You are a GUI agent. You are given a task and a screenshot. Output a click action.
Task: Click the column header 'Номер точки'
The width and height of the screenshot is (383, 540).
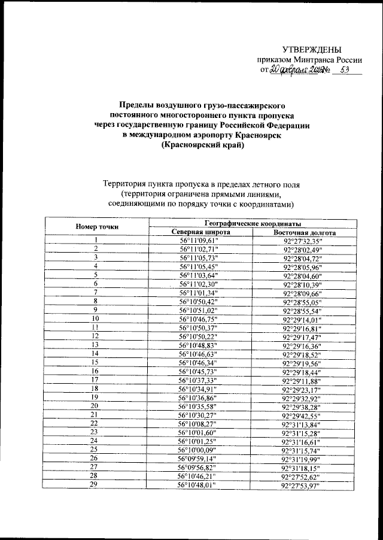click(x=96, y=227)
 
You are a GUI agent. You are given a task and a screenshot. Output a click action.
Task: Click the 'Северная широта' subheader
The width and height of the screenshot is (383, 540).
click(x=200, y=232)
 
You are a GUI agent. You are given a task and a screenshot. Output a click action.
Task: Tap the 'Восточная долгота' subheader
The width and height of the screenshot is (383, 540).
click(x=304, y=232)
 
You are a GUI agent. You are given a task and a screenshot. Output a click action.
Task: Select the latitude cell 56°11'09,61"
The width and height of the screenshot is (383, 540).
click(x=200, y=241)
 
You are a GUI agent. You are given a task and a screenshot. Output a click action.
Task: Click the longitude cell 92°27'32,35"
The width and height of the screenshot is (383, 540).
click(x=304, y=241)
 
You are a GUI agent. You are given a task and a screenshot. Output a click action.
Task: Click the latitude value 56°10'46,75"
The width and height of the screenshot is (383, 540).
click(x=200, y=320)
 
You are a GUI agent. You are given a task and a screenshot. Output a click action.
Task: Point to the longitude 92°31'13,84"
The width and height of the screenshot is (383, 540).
click(x=304, y=424)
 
